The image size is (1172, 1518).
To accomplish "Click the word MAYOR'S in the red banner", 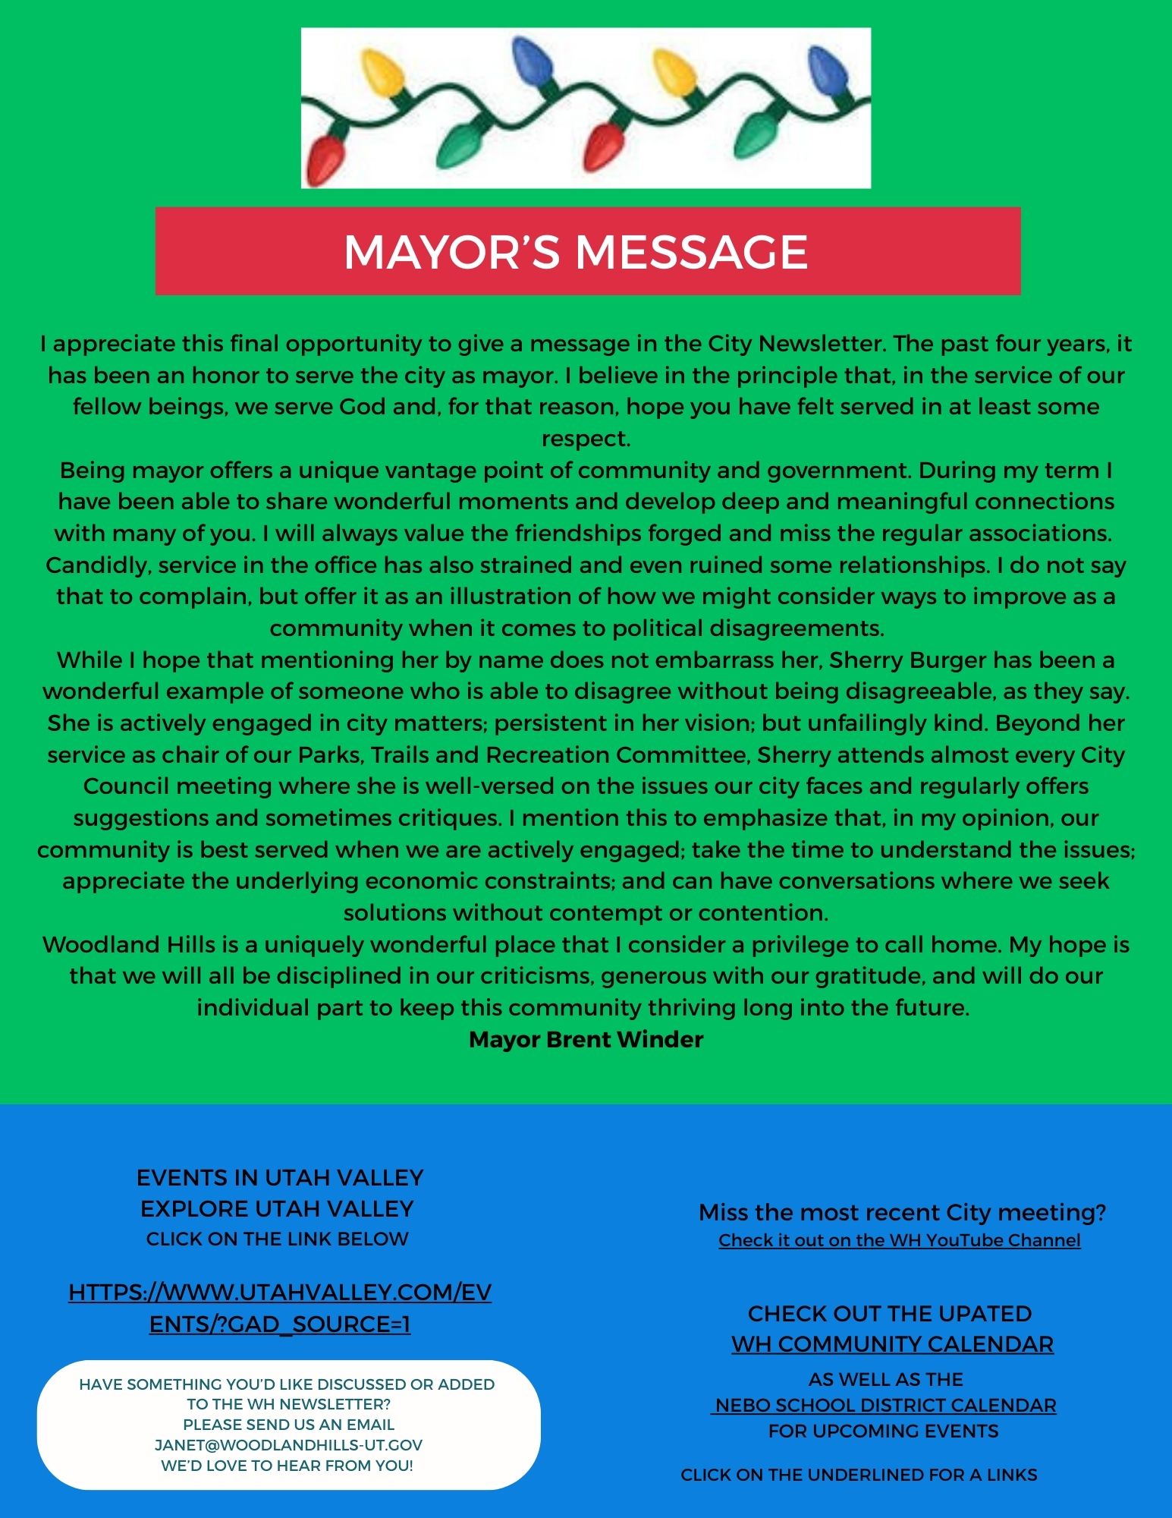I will pyautogui.click(x=454, y=252).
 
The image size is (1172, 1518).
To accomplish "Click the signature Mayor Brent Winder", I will pyautogui.click(x=586, y=1039).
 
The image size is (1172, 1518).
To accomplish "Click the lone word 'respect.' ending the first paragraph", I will pyautogui.click(x=586, y=439).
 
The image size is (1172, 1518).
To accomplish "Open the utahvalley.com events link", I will pyautogui.click(x=280, y=1308).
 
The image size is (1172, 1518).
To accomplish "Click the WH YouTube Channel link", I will pyautogui.click(x=900, y=1240).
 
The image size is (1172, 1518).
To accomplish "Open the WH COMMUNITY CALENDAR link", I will pyautogui.click(x=892, y=1344).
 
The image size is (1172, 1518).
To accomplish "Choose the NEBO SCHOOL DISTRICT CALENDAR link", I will pyautogui.click(x=885, y=1405).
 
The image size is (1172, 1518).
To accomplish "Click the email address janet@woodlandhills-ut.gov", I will pyautogui.click(x=288, y=1444).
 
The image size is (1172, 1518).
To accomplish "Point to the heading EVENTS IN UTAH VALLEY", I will pyautogui.click(x=280, y=1177).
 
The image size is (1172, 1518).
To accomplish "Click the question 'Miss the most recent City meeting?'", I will pyautogui.click(x=902, y=1212).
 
